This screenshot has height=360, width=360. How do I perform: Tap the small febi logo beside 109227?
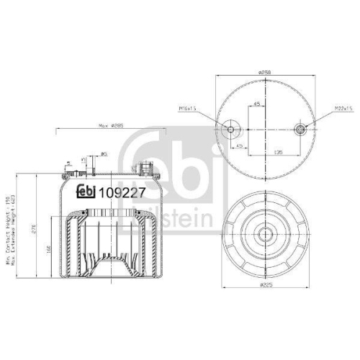[x=86, y=191]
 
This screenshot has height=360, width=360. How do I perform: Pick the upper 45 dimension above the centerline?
[x=256, y=104]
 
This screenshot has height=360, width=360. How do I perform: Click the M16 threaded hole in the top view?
[x=231, y=130]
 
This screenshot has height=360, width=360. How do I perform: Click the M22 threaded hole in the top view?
[x=300, y=130]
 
